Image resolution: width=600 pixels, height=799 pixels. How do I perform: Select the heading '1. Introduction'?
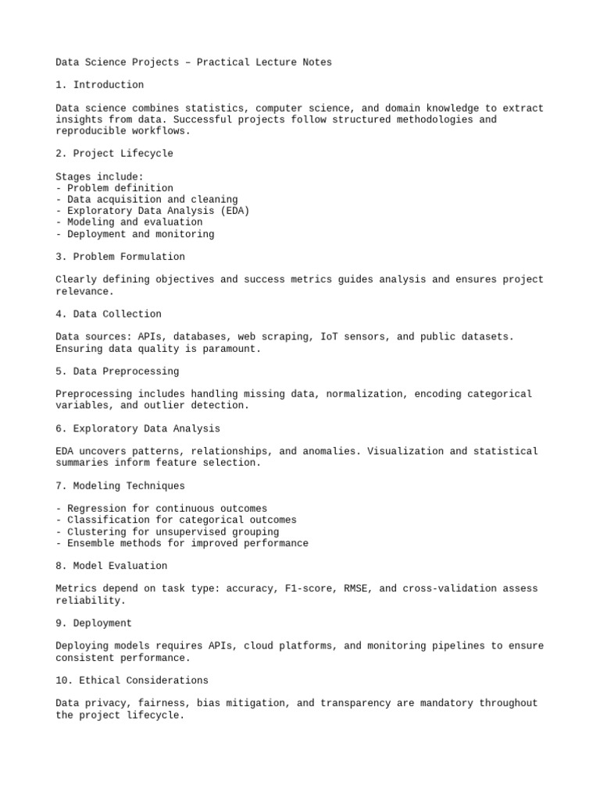pyautogui.click(x=100, y=85)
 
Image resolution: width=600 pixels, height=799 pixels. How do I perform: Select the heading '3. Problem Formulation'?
pyautogui.click(x=120, y=257)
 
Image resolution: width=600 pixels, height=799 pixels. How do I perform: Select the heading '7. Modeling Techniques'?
pyautogui.click(x=120, y=486)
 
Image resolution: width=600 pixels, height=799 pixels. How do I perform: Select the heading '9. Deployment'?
pyautogui.click(x=94, y=623)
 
